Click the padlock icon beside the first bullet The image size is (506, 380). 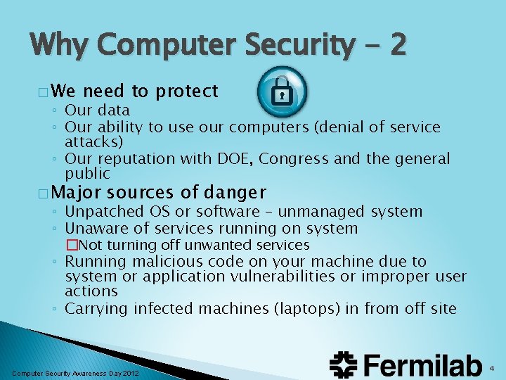281,90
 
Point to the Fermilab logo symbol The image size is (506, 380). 346,365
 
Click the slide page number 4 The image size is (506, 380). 492,368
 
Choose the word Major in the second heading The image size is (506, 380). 77,192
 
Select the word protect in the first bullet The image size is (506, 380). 187,91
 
